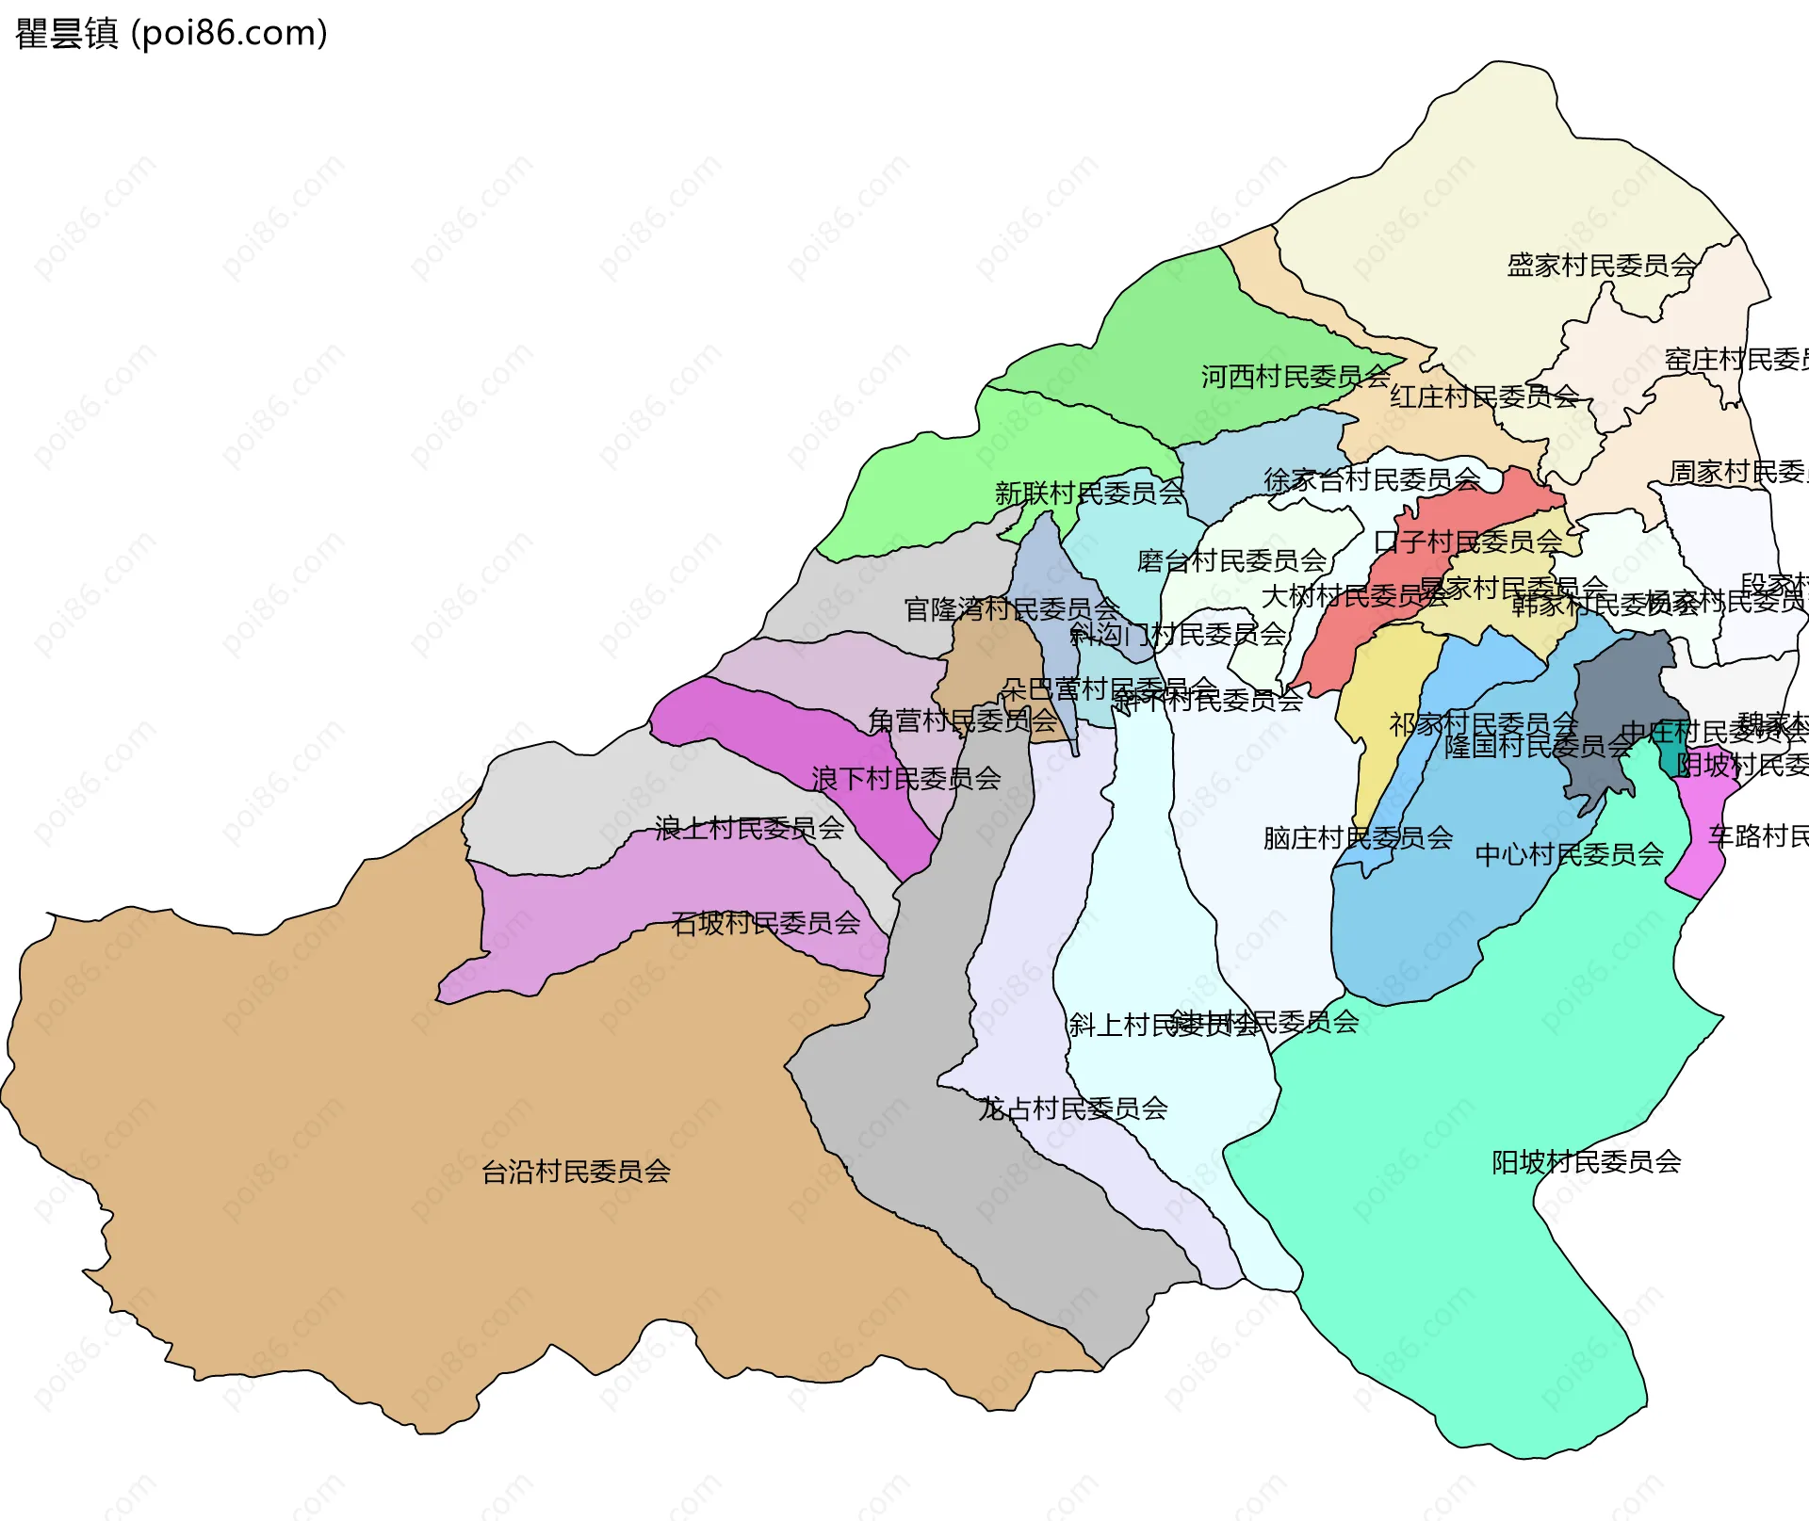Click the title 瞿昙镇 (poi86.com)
[171, 33]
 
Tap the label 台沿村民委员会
[576, 1172]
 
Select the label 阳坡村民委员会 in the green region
[1586, 1162]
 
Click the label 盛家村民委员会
[1601, 266]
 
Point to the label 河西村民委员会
[1295, 377]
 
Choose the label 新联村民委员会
[1089, 493]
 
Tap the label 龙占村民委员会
[1073, 1108]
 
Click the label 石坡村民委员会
[765, 923]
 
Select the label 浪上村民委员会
[749, 829]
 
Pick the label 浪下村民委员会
[905, 779]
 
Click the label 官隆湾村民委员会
[1011, 609]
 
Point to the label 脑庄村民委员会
[1358, 838]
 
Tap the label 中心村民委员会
[1569, 855]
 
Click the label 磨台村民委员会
[1230, 561]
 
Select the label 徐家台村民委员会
[1371, 480]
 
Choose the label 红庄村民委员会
[1484, 396]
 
